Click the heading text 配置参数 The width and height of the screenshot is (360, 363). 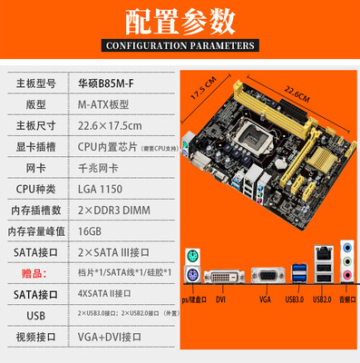pos(180,19)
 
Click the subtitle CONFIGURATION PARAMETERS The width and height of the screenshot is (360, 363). pos(180,44)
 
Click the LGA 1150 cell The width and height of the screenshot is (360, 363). pos(101,189)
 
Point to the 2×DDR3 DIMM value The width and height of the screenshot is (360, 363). pos(111,210)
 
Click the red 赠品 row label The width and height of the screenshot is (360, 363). pos(32,272)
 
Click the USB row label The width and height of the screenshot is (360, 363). pos(32,314)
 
